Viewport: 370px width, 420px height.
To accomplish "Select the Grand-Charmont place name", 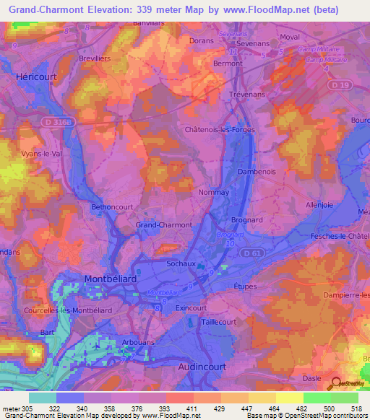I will coord(164,225).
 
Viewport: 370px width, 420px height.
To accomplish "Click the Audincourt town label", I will coord(207,367).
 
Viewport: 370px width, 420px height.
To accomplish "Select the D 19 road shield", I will coord(344,86).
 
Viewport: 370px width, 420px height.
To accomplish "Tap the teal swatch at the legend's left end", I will coord(42,398).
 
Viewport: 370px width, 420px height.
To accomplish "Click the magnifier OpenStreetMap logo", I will coord(334,384).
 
